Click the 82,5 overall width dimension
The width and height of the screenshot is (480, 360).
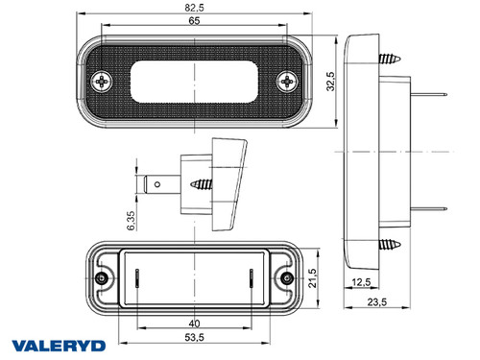coord(194,9)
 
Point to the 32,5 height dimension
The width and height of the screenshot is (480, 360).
coord(329,80)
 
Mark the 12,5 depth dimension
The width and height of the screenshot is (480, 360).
coord(362,281)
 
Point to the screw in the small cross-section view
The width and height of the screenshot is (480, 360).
coord(204,180)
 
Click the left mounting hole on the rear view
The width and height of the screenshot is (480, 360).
coord(103,277)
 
